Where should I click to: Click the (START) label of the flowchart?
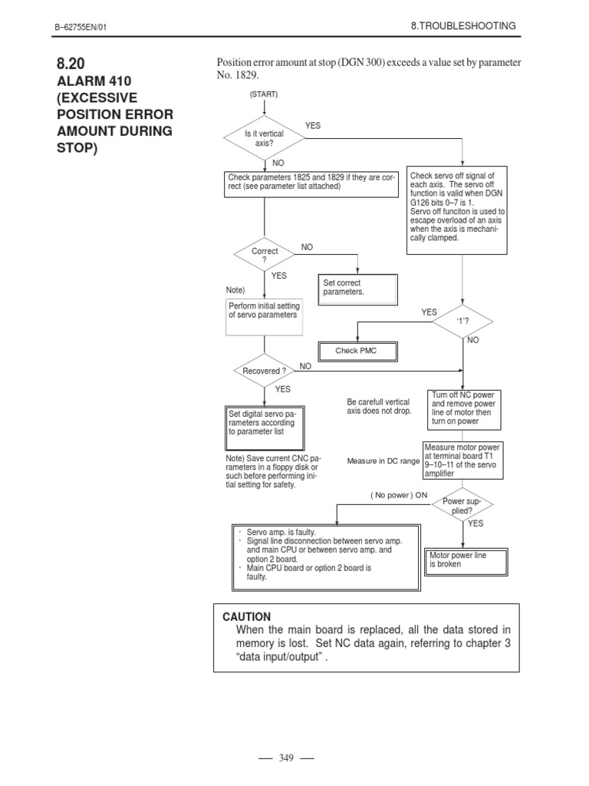(263, 94)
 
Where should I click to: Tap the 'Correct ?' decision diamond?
(264, 256)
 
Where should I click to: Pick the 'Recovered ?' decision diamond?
(264, 371)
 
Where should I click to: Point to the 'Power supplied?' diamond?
(462, 504)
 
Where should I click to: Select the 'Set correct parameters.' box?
(358, 288)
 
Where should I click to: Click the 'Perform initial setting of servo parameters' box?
(264, 315)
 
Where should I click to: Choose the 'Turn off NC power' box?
(464, 409)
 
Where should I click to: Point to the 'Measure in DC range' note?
(383, 461)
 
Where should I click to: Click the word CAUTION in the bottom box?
(247, 616)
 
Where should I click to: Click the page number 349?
(287, 758)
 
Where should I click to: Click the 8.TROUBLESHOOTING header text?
(463, 26)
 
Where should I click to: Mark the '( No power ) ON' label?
(399, 495)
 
